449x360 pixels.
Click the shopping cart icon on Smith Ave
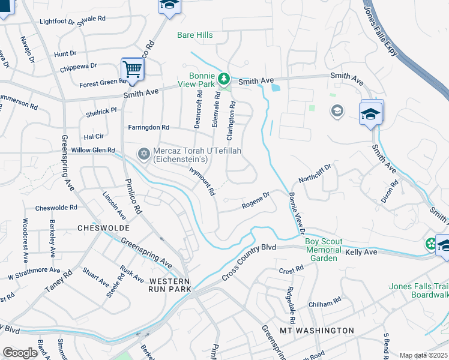coord(131,69)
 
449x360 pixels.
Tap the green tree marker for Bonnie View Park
coord(223,79)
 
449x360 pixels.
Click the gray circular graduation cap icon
coord(337,111)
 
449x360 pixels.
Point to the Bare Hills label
coord(195,35)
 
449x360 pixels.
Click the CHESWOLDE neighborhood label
coord(100,228)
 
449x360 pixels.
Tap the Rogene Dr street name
coord(256,200)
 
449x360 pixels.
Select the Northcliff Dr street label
coord(315,173)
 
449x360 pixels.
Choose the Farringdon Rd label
coord(149,127)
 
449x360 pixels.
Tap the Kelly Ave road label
coord(361,254)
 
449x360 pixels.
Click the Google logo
coord(20,353)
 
